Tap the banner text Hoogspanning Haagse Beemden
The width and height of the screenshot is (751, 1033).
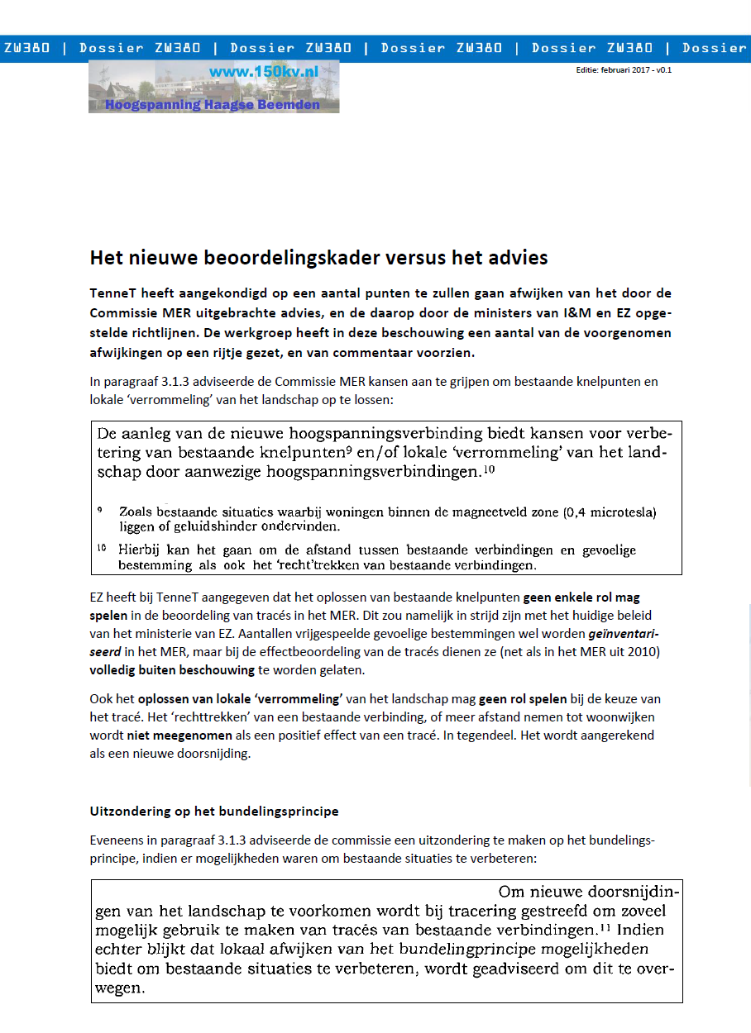tap(212, 105)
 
